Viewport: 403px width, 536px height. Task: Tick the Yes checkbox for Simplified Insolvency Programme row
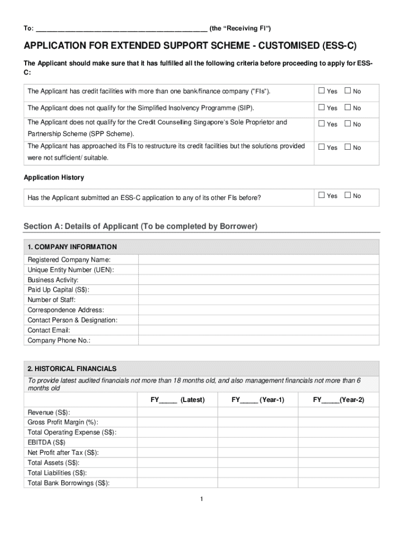pyautogui.click(x=322, y=108)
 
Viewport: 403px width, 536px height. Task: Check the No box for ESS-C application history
pyautogui.click(x=348, y=196)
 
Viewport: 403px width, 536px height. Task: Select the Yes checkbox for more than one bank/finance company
pyautogui.click(x=322, y=91)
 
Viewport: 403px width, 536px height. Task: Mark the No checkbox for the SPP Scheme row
pyautogui.click(x=348, y=124)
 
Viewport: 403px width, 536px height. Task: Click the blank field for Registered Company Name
pyautogui.click(x=258, y=260)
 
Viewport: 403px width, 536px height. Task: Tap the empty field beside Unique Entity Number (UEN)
pyautogui.click(x=258, y=270)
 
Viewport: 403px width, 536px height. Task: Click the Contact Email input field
pyautogui.click(x=258, y=330)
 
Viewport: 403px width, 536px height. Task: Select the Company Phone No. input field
pyautogui.click(x=258, y=340)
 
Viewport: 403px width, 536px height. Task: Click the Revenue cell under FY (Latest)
pyautogui.click(x=177, y=412)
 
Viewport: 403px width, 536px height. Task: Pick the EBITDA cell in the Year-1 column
pyautogui.click(x=258, y=442)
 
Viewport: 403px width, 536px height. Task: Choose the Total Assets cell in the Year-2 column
pyautogui.click(x=339, y=463)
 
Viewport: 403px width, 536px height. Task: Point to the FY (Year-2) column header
pyautogui.click(x=339, y=400)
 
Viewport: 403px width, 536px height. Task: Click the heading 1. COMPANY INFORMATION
pyautogui.click(x=72, y=247)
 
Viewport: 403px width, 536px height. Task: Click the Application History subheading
pyautogui.click(x=54, y=178)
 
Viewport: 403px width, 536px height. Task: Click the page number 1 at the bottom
pyautogui.click(x=201, y=499)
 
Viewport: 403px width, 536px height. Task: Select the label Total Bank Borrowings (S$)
pyautogui.click(x=69, y=483)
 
